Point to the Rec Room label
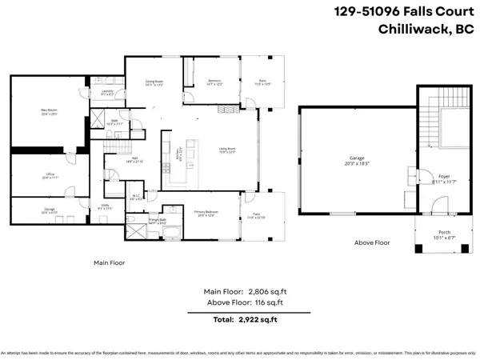[50, 111]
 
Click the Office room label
[50, 176]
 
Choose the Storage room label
[50, 210]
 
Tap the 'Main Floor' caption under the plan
[110, 262]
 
